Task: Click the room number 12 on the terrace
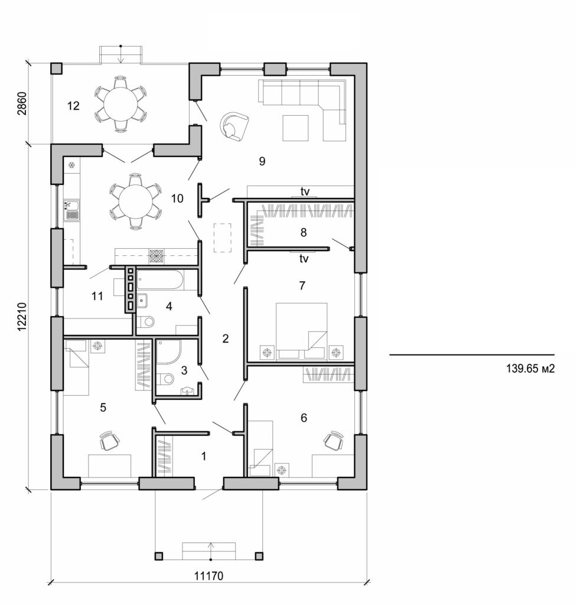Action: [x=73, y=106]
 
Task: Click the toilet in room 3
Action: [x=168, y=379]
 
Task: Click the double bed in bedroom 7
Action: [x=302, y=331]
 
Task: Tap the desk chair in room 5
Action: [x=110, y=440]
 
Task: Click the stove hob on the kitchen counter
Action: [x=157, y=256]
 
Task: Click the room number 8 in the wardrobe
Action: [x=303, y=233]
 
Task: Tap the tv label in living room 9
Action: [x=305, y=191]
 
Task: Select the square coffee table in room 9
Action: [x=295, y=128]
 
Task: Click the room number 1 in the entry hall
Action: [x=204, y=456]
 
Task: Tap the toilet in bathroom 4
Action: [x=146, y=322]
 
